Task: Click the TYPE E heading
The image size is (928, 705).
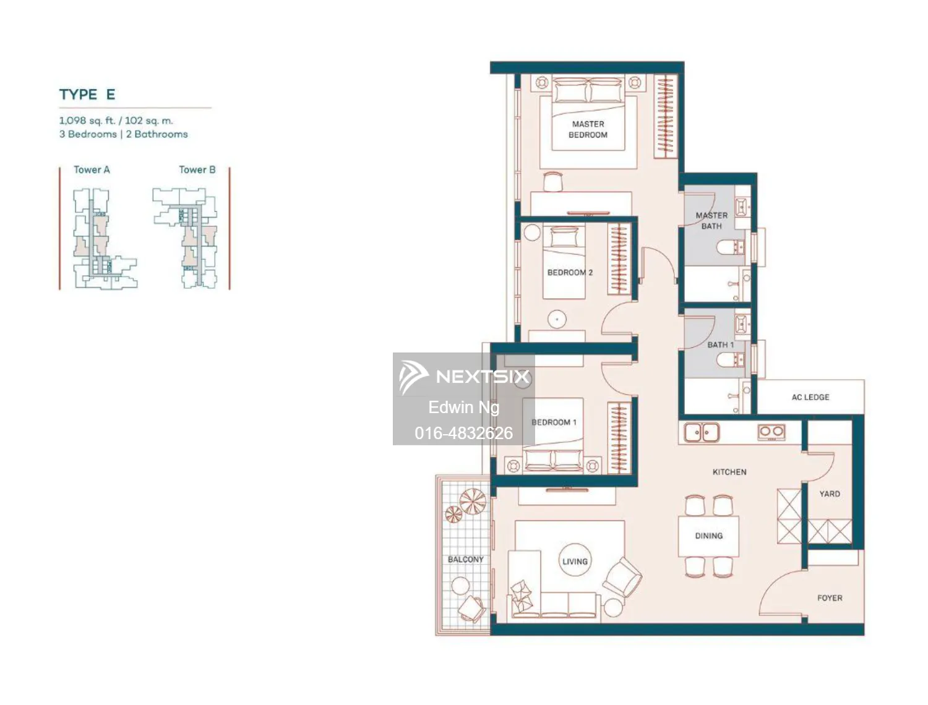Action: pos(87,95)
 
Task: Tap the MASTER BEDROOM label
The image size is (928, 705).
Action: pos(588,129)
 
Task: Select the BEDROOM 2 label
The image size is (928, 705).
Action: pos(570,272)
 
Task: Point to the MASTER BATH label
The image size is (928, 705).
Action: pos(711,221)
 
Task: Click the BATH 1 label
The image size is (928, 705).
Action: pos(720,344)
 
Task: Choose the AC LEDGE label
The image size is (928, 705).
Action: pos(810,397)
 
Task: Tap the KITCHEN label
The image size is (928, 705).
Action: pos(729,472)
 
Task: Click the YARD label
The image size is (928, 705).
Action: pos(830,493)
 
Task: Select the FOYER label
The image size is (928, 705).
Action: pos(830,598)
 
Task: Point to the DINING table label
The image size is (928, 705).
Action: pos(708,536)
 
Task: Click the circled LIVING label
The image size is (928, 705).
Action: pos(575,562)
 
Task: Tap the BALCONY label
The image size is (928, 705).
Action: pos(465,559)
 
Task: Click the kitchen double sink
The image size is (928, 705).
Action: pos(702,432)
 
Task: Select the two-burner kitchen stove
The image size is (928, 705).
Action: pos(771,432)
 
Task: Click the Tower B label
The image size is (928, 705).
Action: pos(197,169)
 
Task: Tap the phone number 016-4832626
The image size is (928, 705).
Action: pos(463,433)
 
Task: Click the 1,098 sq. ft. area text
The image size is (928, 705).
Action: pos(87,121)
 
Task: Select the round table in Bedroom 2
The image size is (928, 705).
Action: pos(557,319)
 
